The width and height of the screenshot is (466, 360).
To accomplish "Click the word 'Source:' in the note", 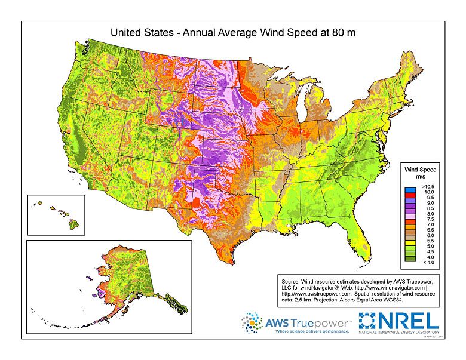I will [293, 279].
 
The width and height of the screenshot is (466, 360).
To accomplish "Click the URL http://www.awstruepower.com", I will [316, 293].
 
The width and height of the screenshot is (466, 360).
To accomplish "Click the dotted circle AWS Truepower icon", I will [252, 323].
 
